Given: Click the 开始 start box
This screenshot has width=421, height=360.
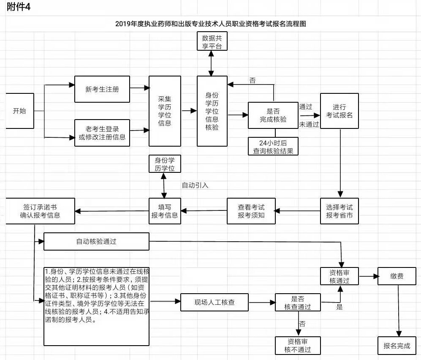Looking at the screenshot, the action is (x=20, y=111).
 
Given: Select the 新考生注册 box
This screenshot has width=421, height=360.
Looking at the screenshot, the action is (x=102, y=89).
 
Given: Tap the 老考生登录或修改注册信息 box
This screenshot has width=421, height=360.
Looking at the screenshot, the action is (x=102, y=133).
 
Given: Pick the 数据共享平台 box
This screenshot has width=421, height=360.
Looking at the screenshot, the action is (x=212, y=41).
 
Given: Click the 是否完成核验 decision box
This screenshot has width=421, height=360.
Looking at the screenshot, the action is (x=273, y=115).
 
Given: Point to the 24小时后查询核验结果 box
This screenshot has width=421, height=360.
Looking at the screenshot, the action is (x=273, y=147).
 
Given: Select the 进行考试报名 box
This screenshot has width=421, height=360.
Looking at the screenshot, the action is (x=340, y=111).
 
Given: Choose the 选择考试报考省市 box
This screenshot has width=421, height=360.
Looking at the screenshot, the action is (x=340, y=211).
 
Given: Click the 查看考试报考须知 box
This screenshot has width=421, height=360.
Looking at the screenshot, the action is (x=251, y=211).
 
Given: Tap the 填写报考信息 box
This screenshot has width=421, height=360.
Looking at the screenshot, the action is (x=165, y=211).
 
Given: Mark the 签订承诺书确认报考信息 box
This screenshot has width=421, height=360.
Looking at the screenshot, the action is (x=40, y=211).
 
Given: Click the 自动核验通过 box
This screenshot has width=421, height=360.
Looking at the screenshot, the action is (x=96, y=242).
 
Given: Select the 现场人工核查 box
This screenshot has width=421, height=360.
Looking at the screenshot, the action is (x=215, y=302).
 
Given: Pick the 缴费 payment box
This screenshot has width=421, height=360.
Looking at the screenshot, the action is (x=397, y=276).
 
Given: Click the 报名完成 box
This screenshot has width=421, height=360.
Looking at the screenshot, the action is (x=397, y=346).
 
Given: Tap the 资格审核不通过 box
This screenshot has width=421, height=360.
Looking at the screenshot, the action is (x=298, y=346).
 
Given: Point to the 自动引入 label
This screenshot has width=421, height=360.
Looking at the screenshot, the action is (x=195, y=185).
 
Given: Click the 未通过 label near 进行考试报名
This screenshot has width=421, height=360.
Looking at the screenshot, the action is (x=309, y=124).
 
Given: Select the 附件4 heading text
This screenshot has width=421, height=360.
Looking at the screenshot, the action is (x=19, y=7).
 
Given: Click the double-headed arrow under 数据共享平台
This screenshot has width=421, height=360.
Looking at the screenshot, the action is (x=212, y=63).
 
